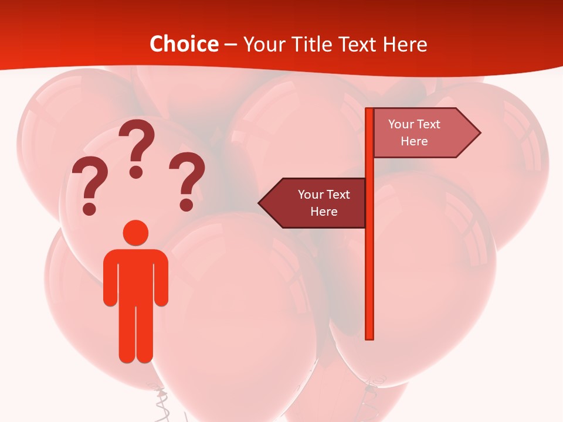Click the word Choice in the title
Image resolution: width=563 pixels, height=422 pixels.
(184, 44)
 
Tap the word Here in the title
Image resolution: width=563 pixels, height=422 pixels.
(405, 44)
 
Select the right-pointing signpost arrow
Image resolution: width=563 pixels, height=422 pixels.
(425, 133)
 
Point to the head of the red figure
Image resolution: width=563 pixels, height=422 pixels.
(135, 232)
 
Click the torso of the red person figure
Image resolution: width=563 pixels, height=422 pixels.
(135, 275)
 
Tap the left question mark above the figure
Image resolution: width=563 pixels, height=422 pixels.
(90, 182)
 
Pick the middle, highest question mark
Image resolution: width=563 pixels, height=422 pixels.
(137, 144)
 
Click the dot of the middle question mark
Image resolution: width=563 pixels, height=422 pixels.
(136, 172)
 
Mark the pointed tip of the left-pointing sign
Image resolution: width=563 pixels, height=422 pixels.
(260, 203)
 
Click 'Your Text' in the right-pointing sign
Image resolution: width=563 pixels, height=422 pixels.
(414, 124)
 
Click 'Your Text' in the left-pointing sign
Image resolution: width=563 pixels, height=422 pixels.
(324, 195)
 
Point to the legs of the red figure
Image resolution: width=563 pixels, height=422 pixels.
(135, 334)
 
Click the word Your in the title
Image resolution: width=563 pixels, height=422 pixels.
(263, 44)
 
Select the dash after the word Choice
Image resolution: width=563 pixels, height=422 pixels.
(230, 45)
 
